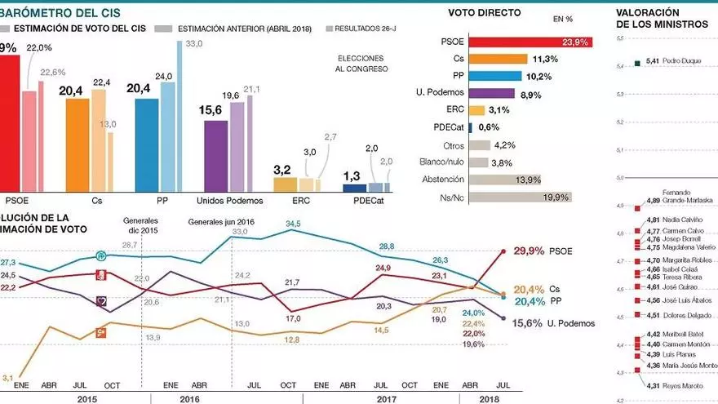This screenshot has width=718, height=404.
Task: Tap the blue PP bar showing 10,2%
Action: click(504, 76)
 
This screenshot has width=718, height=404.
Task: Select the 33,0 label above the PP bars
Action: click(194, 43)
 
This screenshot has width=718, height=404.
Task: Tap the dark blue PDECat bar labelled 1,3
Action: click(354, 187)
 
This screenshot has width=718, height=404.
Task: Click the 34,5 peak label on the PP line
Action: click(294, 223)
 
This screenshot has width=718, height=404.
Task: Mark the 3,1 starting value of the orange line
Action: click(8, 377)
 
